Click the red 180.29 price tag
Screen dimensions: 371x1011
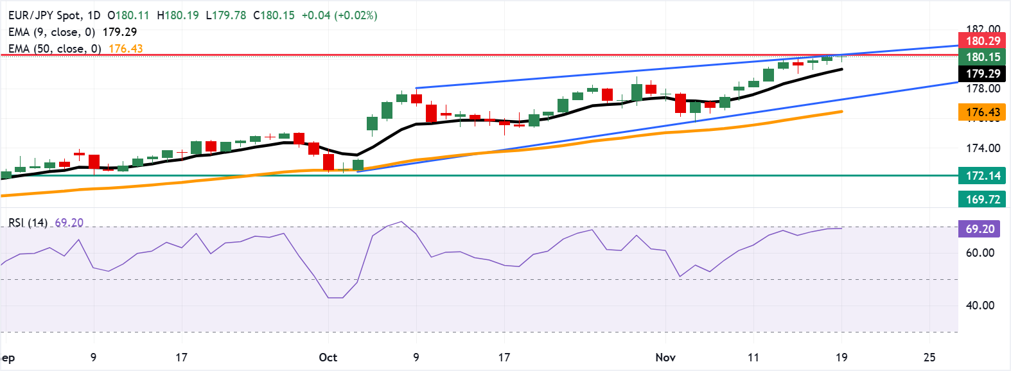[x=982, y=41]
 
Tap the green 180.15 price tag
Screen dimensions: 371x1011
[x=982, y=57]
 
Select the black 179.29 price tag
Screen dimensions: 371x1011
[x=982, y=74]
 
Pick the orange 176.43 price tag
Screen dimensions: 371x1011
[x=982, y=112]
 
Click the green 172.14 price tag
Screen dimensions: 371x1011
[x=982, y=175]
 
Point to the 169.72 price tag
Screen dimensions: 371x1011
[x=982, y=199]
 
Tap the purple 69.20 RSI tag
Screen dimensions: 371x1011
[x=980, y=229]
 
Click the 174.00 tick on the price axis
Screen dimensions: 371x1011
[x=983, y=148]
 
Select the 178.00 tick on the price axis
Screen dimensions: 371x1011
[x=983, y=89]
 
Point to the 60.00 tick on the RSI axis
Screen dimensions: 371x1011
[x=980, y=253]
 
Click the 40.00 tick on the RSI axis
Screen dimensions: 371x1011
[x=980, y=306]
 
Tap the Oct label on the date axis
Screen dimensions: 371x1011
[x=328, y=358]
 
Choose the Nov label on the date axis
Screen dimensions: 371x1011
[x=665, y=358]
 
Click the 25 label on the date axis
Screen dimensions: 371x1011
[x=929, y=358]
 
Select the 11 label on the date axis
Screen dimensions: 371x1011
[x=753, y=358]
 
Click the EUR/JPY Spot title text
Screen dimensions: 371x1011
[x=45, y=15]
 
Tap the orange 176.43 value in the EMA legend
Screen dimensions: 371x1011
[x=126, y=49]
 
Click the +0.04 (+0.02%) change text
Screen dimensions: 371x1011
[x=340, y=15]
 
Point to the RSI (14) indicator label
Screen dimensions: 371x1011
[x=28, y=223]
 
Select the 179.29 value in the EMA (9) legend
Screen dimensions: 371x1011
[x=119, y=32]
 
